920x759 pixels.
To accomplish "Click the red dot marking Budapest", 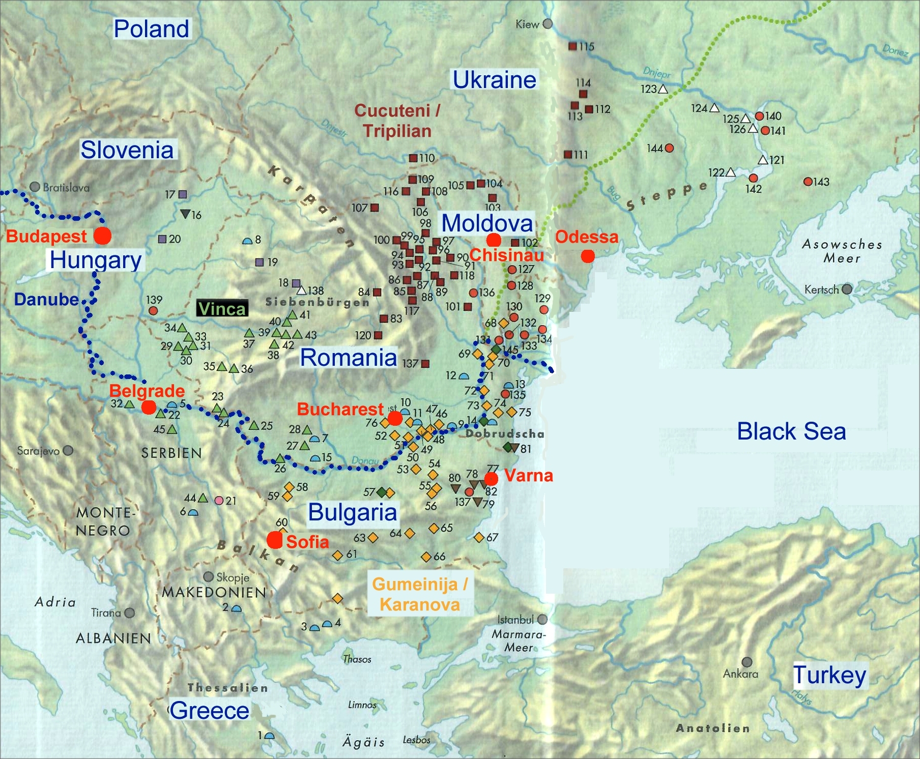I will click(x=103, y=236).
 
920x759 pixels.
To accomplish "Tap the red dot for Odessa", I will click(x=588, y=256).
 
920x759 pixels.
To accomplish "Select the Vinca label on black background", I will click(x=222, y=308).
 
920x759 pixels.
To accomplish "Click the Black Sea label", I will click(x=791, y=431).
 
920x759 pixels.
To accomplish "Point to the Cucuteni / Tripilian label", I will click(x=397, y=121).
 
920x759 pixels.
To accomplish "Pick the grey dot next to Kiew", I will click(x=548, y=24).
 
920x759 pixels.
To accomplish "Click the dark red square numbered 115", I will click(x=572, y=46).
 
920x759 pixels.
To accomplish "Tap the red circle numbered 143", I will click(x=808, y=182).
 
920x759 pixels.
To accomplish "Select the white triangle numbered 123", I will click(x=663, y=90).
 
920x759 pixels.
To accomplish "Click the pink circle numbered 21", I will click(x=219, y=501).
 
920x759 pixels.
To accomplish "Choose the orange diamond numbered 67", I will click(x=479, y=537).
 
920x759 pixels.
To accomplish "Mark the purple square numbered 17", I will click(x=183, y=194).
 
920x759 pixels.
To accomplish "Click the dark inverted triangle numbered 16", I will click(x=185, y=214).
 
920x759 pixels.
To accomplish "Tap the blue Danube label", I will click(x=46, y=299).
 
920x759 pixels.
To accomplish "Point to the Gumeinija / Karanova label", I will click(x=419, y=594).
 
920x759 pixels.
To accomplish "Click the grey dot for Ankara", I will click(x=747, y=662).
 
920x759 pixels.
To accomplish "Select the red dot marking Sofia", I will click(x=275, y=540).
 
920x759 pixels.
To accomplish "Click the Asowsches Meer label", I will click(x=842, y=251).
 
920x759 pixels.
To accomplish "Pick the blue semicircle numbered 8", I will click(x=248, y=241).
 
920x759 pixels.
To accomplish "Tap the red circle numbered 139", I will click(x=153, y=310).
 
